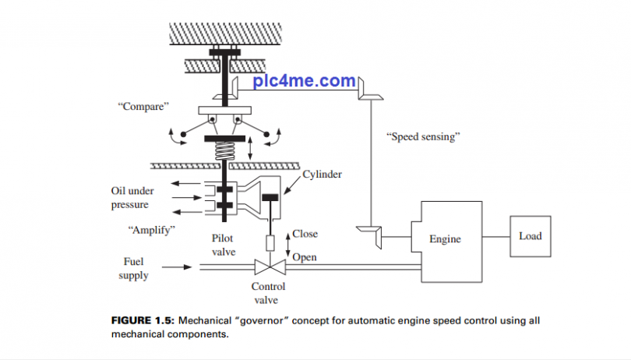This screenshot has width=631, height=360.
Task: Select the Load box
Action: pos(531,235)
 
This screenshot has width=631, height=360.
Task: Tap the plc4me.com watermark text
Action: pos(305,81)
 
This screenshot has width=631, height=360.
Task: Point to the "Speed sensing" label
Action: pos(424,136)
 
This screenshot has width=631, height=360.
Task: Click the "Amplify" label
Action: pos(150,230)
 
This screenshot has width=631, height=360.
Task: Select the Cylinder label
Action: pos(322,175)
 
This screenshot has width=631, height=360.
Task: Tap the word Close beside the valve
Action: pos(305,234)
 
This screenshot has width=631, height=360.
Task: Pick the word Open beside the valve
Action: pos(305,257)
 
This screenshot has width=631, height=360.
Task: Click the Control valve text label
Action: pos(268,293)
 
